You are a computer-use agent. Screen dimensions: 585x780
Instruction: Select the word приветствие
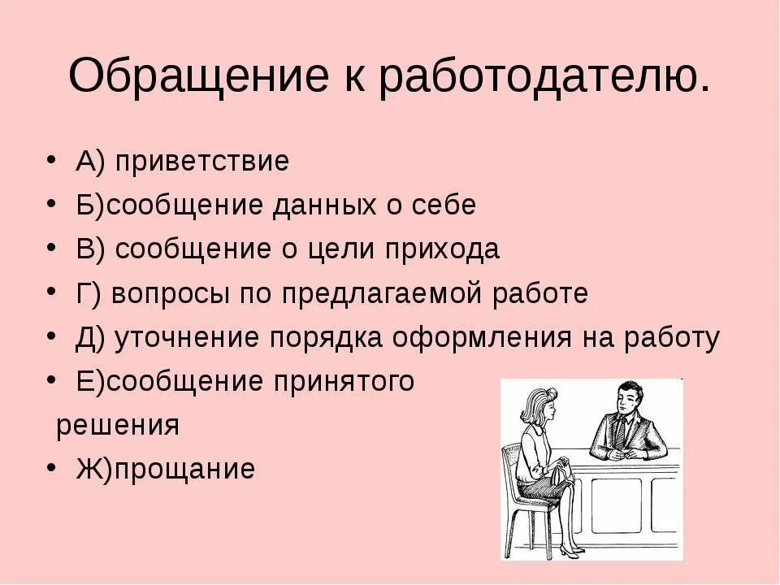201,161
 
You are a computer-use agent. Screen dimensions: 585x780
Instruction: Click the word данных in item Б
325,205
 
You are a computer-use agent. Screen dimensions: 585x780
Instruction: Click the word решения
117,426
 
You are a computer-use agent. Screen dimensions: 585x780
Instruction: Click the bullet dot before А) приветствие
52,160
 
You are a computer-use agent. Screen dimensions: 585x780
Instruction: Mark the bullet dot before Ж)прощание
52,467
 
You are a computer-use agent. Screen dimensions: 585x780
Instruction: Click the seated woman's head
541,404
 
